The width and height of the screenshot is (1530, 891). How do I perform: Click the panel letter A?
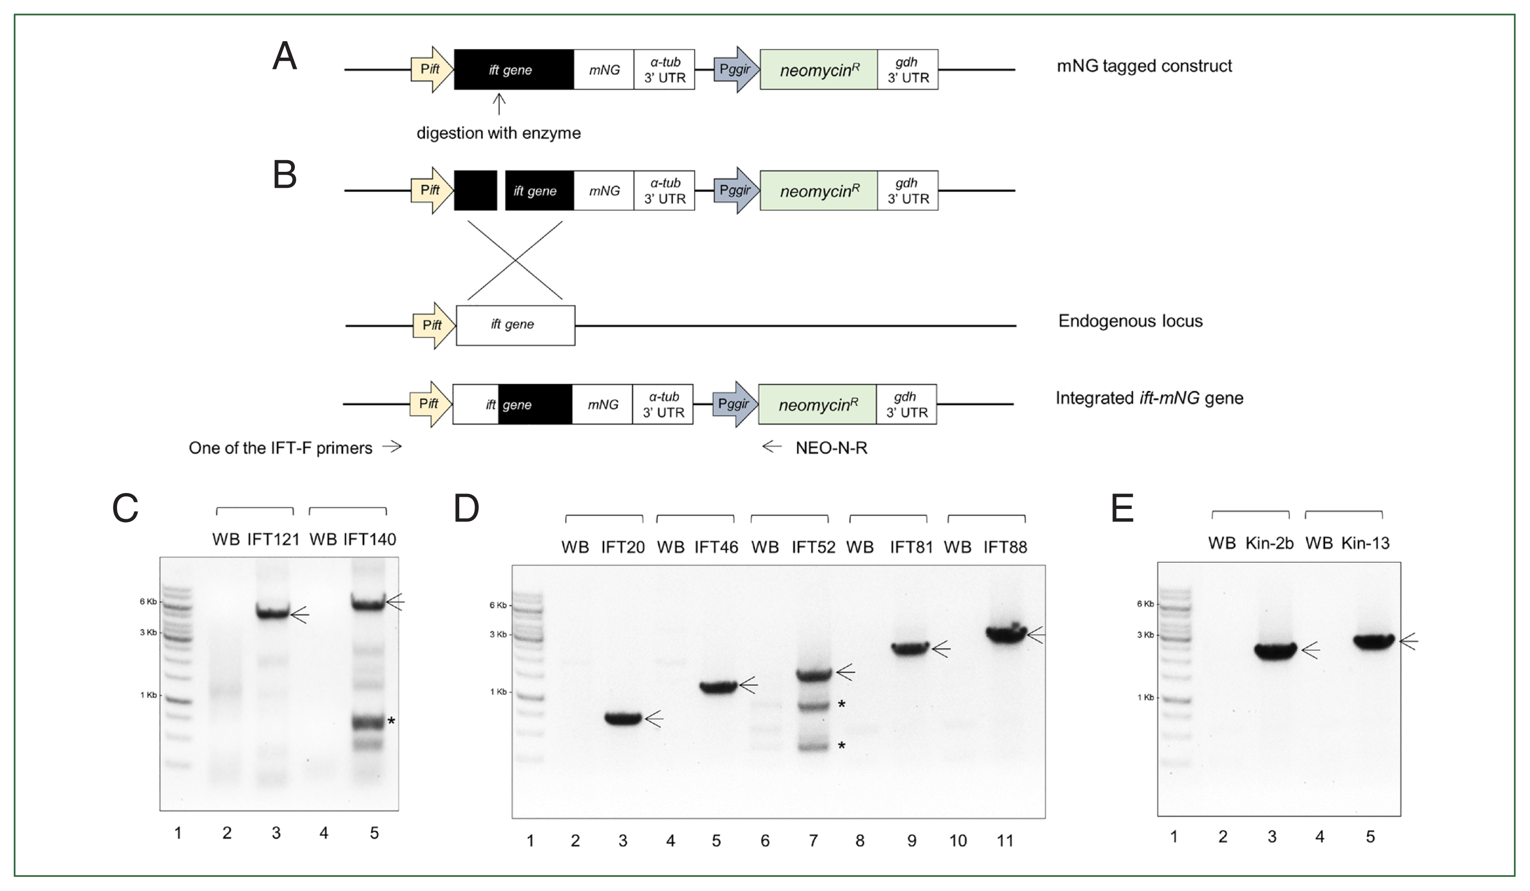(284, 58)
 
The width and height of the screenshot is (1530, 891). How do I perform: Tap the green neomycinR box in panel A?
(818, 70)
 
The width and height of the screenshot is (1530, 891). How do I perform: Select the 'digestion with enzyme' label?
(498, 133)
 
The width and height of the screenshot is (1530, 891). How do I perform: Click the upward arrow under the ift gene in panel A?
(498, 104)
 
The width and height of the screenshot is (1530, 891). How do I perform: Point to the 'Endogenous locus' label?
(1130, 321)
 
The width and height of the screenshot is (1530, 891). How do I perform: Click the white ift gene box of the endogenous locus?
(515, 325)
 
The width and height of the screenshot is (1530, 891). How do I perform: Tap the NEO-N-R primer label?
(831, 448)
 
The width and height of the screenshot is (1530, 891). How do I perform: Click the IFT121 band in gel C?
(272, 612)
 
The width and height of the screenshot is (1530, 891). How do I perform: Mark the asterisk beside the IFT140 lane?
(392, 721)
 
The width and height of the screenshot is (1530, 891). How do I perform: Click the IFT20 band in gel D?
(623, 719)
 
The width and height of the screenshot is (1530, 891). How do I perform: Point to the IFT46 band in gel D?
(717, 687)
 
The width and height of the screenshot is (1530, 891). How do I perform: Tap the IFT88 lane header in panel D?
(1005, 547)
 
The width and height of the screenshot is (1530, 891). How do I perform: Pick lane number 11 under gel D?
(1005, 841)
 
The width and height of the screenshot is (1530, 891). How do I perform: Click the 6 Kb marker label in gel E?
(1144, 604)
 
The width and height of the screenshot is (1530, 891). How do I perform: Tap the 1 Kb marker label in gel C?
(148, 695)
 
